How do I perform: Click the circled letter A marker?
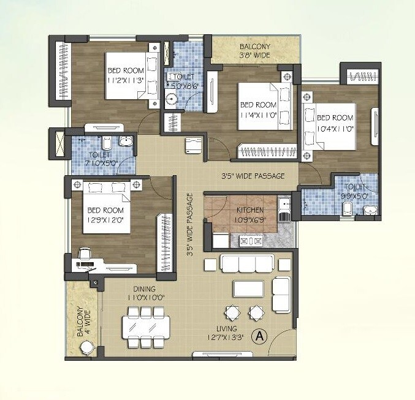[x=261, y=336]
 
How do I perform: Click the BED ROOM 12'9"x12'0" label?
[x=103, y=211]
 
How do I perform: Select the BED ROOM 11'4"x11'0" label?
[x=257, y=108]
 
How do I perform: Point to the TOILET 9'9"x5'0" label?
[x=356, y=192]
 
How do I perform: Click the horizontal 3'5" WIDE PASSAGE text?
[x=253, y=176]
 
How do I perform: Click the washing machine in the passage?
[x=192, y=145]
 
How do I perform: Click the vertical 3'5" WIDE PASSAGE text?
[x=190, y=224]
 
